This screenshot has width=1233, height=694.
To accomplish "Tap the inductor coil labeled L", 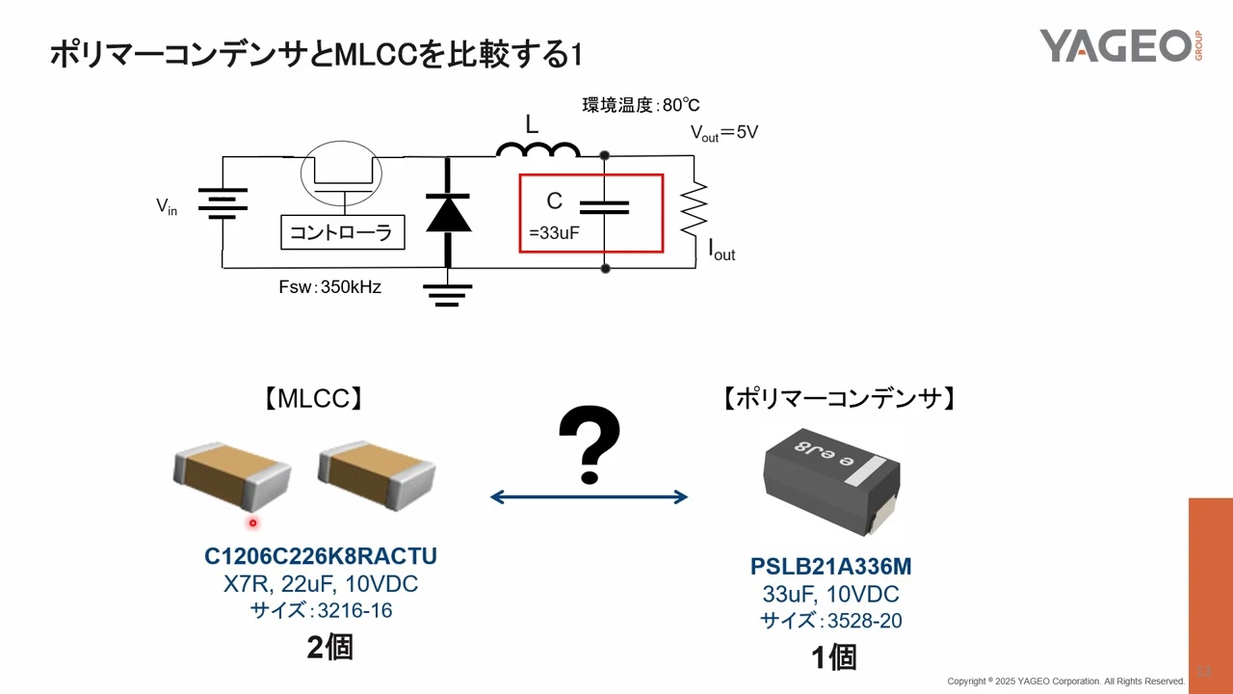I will click(x=538, y=148).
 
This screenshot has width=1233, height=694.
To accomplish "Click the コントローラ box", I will click(x=342, y=232).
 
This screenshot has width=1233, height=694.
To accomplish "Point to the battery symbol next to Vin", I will click(x=223, y=201).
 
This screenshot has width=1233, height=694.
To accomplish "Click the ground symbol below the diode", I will click(x=447, y=293).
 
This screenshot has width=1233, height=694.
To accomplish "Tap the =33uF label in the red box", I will click(x=554, y=232).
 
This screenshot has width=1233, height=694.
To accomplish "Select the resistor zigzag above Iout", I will click(x=695, y=206).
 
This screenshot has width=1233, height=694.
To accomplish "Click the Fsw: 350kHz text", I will click(x=329, y=286).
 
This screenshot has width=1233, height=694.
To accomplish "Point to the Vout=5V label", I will click(x=723, y=133).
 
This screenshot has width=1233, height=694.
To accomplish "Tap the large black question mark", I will click(x=589, y=444).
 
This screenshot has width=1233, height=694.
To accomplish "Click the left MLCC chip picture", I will click(x=231, y=476).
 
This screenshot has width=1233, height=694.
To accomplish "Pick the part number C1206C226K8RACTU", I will click(x=321, y=556).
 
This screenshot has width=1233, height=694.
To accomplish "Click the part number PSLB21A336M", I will click(x=830, y=567).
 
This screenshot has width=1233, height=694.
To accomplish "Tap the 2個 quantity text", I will click(x=329, y=647).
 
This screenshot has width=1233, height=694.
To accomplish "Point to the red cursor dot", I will click(x=253, y=523).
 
